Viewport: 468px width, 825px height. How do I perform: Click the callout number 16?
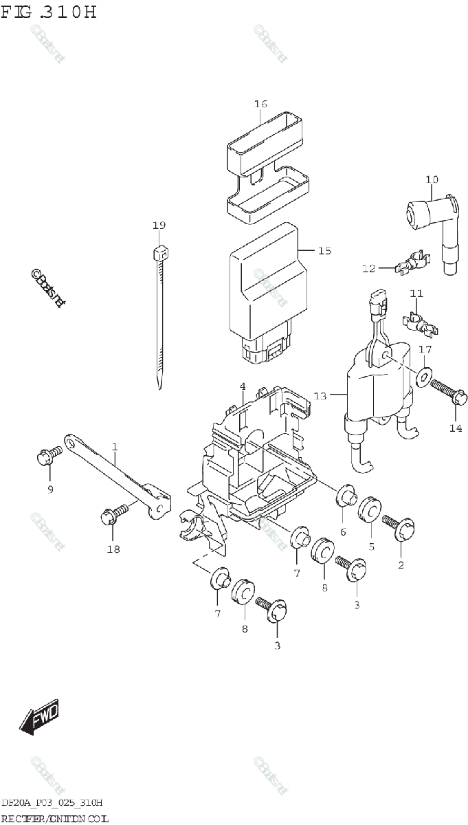[260, 104]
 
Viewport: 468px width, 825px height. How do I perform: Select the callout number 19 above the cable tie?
[159, 225]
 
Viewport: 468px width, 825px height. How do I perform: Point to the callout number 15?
[324, 251]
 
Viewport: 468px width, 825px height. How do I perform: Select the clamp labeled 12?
[410, 264]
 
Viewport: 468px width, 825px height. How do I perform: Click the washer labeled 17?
[424, 375]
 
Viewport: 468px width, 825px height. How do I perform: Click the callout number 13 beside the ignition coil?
[320, 395]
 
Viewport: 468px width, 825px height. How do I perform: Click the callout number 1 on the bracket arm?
[115, 447]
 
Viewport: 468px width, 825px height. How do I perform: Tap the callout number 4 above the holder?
[243, 388]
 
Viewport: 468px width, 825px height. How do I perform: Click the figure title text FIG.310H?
[49, 13]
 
